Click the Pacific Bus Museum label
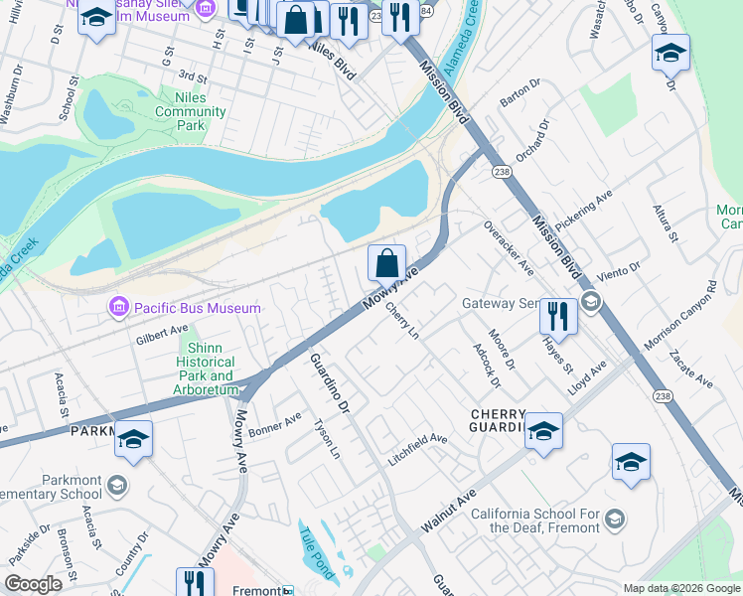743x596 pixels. click(198, 308)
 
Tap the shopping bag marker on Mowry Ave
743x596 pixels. click(387, 265)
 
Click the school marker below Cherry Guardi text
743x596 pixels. click(543, 431)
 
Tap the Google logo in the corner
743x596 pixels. click(33, 584)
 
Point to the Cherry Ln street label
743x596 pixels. click(402, 320)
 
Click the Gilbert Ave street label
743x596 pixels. click(161, 334)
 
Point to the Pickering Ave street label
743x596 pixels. click(583, 213)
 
